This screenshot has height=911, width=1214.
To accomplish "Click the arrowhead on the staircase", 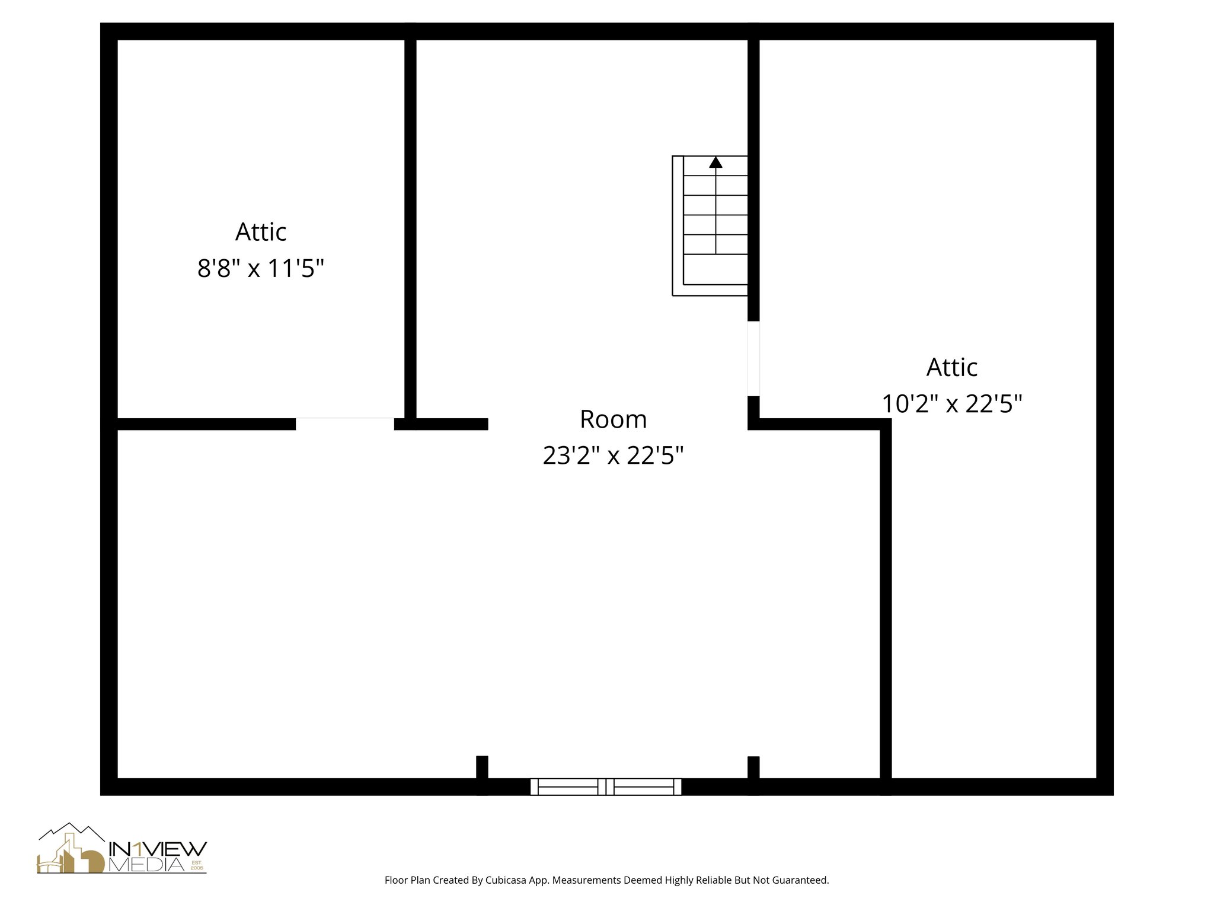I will coord(715,162).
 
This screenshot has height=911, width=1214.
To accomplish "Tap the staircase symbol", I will coord(710,225).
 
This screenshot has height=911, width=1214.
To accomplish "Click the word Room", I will coord(613,419).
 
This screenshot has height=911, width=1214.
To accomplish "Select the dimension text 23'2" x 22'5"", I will coord(613,455).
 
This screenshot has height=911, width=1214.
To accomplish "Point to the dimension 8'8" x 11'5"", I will coord(261,269).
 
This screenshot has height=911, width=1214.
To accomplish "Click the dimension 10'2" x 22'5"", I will coord(952,404).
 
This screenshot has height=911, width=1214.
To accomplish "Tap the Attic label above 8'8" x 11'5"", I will coord(261,232).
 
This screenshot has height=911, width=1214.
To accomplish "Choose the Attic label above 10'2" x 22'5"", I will coord(952,367).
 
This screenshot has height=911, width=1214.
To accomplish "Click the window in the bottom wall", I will coord(605,786).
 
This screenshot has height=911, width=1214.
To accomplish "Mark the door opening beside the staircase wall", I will coord(753,358).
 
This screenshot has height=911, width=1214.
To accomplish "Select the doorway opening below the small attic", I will coord(344,423).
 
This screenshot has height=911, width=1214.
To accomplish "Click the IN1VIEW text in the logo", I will coord(158,849).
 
